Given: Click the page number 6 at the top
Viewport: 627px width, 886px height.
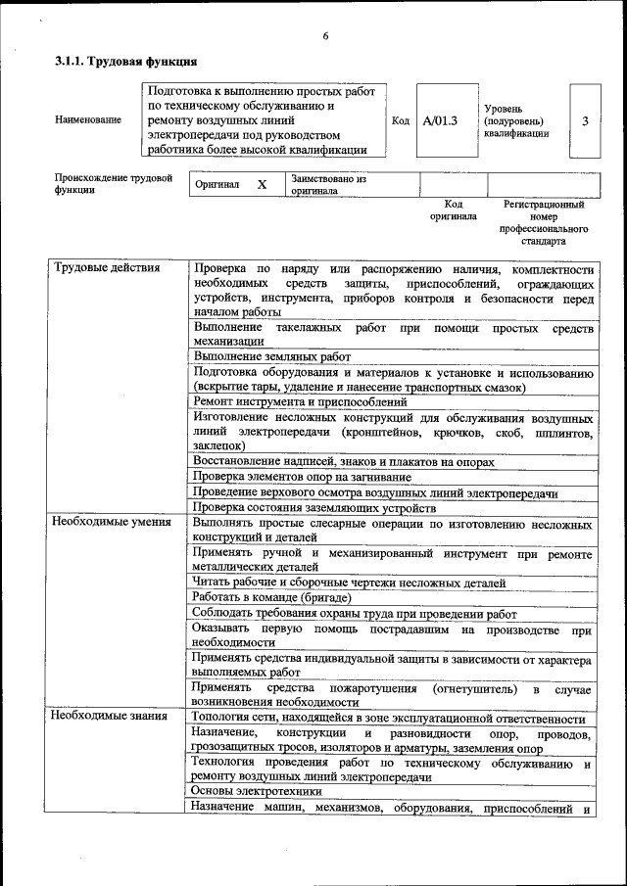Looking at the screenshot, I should pos(325,36).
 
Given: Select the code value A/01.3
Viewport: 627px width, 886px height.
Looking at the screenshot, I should pos(440,120).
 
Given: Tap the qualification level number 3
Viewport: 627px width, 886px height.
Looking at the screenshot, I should pos(585,120).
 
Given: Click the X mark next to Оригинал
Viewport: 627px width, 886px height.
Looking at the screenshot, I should pos(262,184).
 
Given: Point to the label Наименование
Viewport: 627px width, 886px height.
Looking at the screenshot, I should pos(88,119).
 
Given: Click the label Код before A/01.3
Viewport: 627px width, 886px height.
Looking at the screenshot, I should pos(400,121).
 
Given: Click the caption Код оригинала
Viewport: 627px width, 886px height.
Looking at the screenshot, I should pos(453,210).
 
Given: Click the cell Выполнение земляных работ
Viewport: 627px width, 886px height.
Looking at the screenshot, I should pos(271,357).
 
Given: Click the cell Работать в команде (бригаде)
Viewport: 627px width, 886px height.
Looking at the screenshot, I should pos(271,597).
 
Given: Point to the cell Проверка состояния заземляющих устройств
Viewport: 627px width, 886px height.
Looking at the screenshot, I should pos(313,507).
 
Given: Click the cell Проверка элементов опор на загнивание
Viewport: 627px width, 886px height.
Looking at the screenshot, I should pos(305,477).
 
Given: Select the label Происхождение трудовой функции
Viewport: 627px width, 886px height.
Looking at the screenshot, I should pos(114,184).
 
